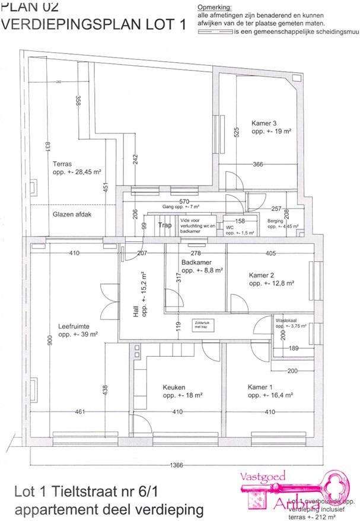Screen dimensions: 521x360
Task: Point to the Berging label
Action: pos(275,220)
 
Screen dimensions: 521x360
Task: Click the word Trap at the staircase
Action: pos(164,225)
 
